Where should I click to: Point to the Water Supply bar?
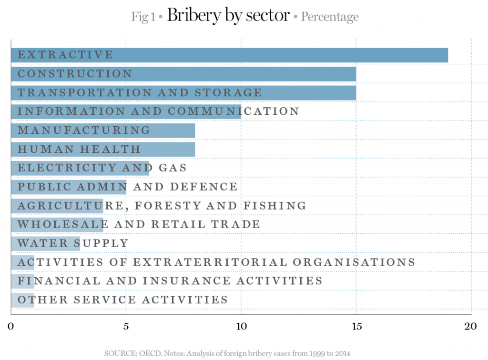coord(45,243)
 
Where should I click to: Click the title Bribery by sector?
coord(228,16)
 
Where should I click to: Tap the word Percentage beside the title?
coord(330,17)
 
